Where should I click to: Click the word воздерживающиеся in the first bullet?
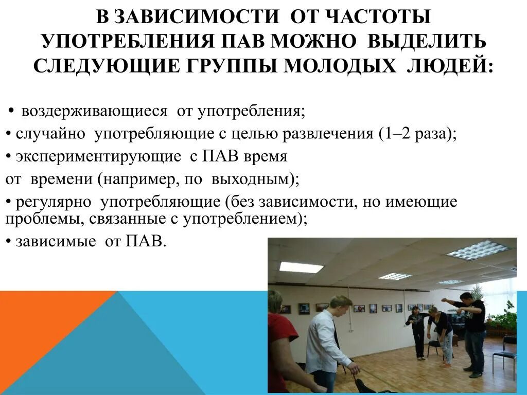(x=95, y=111)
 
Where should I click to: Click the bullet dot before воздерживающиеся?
(x=12, y=112)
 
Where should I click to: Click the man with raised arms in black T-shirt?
(x=471, y=329)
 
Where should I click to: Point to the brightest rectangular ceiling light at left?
(x=301, y=267)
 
